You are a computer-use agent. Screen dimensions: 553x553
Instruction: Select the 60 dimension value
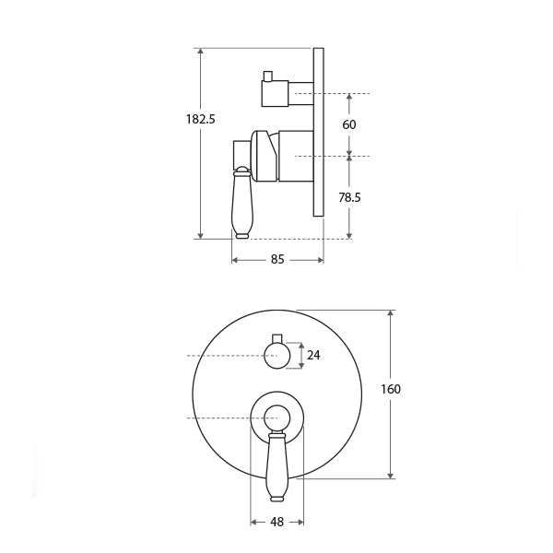348,124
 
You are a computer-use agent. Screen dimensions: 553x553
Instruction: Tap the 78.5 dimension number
348,196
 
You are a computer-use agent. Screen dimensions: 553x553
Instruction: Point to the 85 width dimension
277,260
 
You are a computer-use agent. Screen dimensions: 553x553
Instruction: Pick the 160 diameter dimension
390,389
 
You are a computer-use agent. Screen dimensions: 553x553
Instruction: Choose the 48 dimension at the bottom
276,522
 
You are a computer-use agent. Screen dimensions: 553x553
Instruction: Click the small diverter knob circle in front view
276,355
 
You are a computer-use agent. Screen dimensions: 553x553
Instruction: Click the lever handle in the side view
242,207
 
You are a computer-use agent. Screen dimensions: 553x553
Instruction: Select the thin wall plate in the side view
318,132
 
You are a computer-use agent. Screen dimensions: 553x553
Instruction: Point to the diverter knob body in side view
276,92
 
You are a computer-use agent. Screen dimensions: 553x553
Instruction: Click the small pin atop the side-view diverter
268,76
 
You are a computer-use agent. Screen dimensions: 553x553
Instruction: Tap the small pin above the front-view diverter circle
276,336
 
